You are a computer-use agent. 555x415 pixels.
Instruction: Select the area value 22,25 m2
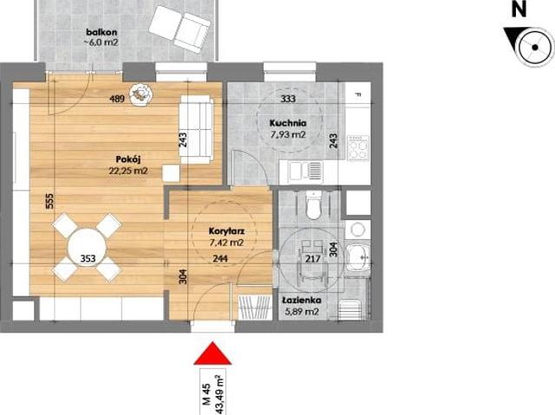(x=128, y=171)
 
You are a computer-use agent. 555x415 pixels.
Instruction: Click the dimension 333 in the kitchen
(x=290, y=99)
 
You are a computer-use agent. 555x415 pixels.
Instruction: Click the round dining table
(x=87, y=246)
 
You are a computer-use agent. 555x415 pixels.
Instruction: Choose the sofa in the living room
(x=196, y=130)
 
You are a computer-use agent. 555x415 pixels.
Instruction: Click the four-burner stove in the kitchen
(x=357, y=148)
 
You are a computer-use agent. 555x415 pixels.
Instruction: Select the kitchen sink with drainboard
(x=304, y=171)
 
